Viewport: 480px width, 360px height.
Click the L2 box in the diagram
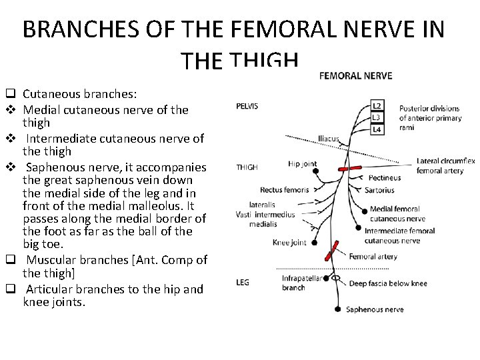pyautogui.click(x=377, y=105)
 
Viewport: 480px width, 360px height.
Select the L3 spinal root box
pyautogui.click(x=377, y=117)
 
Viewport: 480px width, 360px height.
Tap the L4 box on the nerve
pyautogui.click(x=377, y=129)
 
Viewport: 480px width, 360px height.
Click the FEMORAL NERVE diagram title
pyautogui.click(x=356, y=76)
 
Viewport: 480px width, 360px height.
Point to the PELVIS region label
pyautogui.click(x=247, y=106)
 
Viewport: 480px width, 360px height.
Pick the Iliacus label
pyautogui.click(x=329, y=139)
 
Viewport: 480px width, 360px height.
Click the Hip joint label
pyautogui.click(x=303, y=164)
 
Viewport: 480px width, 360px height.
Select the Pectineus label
pyautogui.click(x=385, y=178)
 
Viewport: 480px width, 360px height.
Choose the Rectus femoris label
pyautogui.click(x=285, y=190)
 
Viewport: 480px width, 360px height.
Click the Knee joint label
pyautogui.click(x=289, y=243)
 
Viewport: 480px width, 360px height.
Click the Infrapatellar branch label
pyautogui.click(x=294, y=283)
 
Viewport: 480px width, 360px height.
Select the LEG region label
pyautogui.click(x=243, y=283)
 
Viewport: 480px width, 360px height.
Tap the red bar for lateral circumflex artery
pyautogui.click(x=350, y=168)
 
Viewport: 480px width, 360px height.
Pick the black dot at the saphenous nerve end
pyautogui.click(x=339, y=309)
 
